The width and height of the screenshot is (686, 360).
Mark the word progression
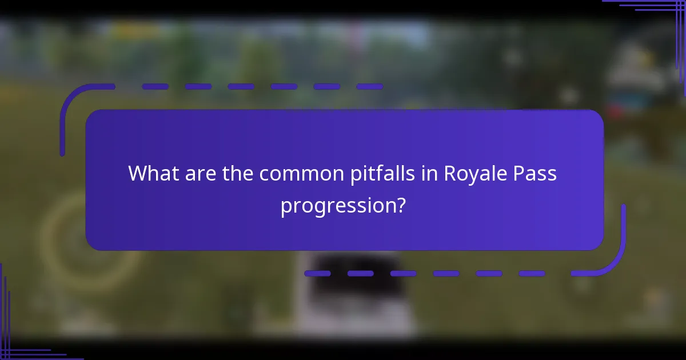click(x=337, y=206)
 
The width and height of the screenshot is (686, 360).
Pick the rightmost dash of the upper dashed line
click(x=369, y=87)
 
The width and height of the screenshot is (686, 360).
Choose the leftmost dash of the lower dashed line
click(x=317, y=274)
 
